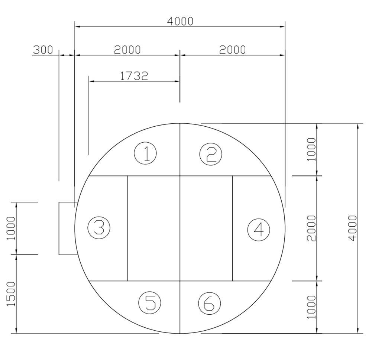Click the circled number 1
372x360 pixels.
(x=145, y=153)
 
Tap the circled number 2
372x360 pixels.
(x=211, y=154)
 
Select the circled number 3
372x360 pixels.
(x=99, y=227)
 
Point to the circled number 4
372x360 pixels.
(x=259, y=230)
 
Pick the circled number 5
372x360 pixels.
(x=150, y=303)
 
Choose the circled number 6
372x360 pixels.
(x=210, y=303)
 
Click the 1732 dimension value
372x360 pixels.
(x=134, y=76)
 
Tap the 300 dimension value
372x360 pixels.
(x=43, y=50)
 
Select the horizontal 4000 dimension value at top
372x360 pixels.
(x=180, y=21)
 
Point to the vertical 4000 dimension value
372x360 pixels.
(x=353, y=228)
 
